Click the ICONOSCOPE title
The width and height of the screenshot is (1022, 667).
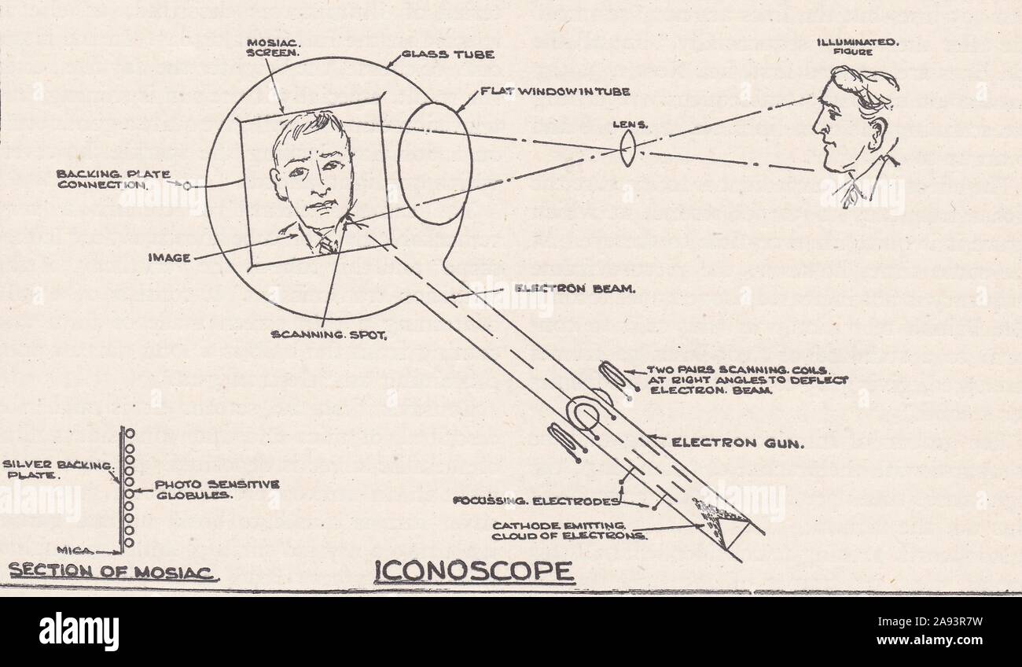[473, 570]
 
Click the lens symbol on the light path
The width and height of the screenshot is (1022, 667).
[627, 147]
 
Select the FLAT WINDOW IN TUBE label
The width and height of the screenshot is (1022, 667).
[555, 92]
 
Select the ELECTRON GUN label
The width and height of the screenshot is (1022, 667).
[736, 444]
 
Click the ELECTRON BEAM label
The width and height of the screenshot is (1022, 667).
[574, 289]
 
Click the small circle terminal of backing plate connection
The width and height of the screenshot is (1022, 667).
[188, 186]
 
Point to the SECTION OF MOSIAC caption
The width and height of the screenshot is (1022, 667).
[112, 572]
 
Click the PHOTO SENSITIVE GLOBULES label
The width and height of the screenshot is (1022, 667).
[216, 490]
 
